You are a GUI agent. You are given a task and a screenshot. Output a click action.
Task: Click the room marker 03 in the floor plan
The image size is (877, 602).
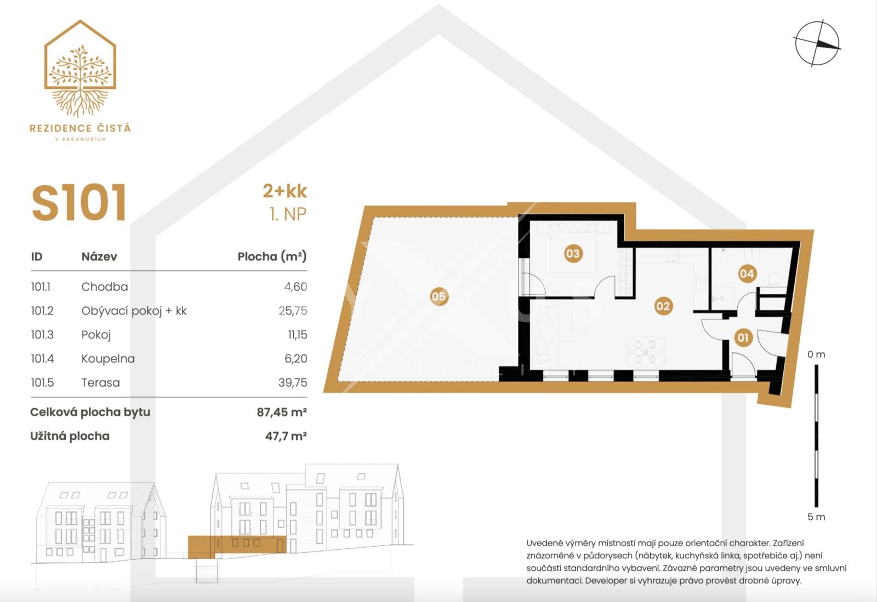[572, 253]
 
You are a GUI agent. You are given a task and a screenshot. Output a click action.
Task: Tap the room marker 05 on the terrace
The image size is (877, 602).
[438, 297]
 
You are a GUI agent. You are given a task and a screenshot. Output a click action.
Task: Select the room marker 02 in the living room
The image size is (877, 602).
[663, 306]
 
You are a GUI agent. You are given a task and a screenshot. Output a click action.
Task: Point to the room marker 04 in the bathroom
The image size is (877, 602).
[747, 274]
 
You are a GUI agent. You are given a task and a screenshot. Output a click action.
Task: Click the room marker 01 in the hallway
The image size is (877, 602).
[743, 337]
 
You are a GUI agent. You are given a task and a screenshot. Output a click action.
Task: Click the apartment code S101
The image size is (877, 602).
[79, 203]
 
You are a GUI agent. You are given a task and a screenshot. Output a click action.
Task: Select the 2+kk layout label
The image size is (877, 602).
[284, 191]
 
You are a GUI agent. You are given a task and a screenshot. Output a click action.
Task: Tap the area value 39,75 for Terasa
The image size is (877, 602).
[292, 383]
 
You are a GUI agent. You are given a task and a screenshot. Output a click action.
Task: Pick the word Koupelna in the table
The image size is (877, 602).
[108, 359]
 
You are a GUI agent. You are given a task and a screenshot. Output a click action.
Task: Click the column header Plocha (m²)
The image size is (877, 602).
[272, 256]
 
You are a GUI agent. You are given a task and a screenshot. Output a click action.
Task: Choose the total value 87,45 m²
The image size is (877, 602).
[281, 412]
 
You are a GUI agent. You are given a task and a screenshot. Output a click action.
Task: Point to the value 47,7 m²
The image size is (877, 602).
[286, 436]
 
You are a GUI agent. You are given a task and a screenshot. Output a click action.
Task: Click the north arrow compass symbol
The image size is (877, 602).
[817, 44]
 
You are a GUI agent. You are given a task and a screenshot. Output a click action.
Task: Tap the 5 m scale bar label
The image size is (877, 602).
[816, 516]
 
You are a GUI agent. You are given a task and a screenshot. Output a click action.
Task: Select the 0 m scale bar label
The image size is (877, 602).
[816, 354]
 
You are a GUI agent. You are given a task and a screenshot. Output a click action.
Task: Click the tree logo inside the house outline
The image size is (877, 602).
[80, 77]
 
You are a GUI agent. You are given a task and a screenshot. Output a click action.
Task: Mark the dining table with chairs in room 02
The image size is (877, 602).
[646, 351]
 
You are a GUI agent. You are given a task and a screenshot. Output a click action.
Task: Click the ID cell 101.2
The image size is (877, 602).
[42, 311]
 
